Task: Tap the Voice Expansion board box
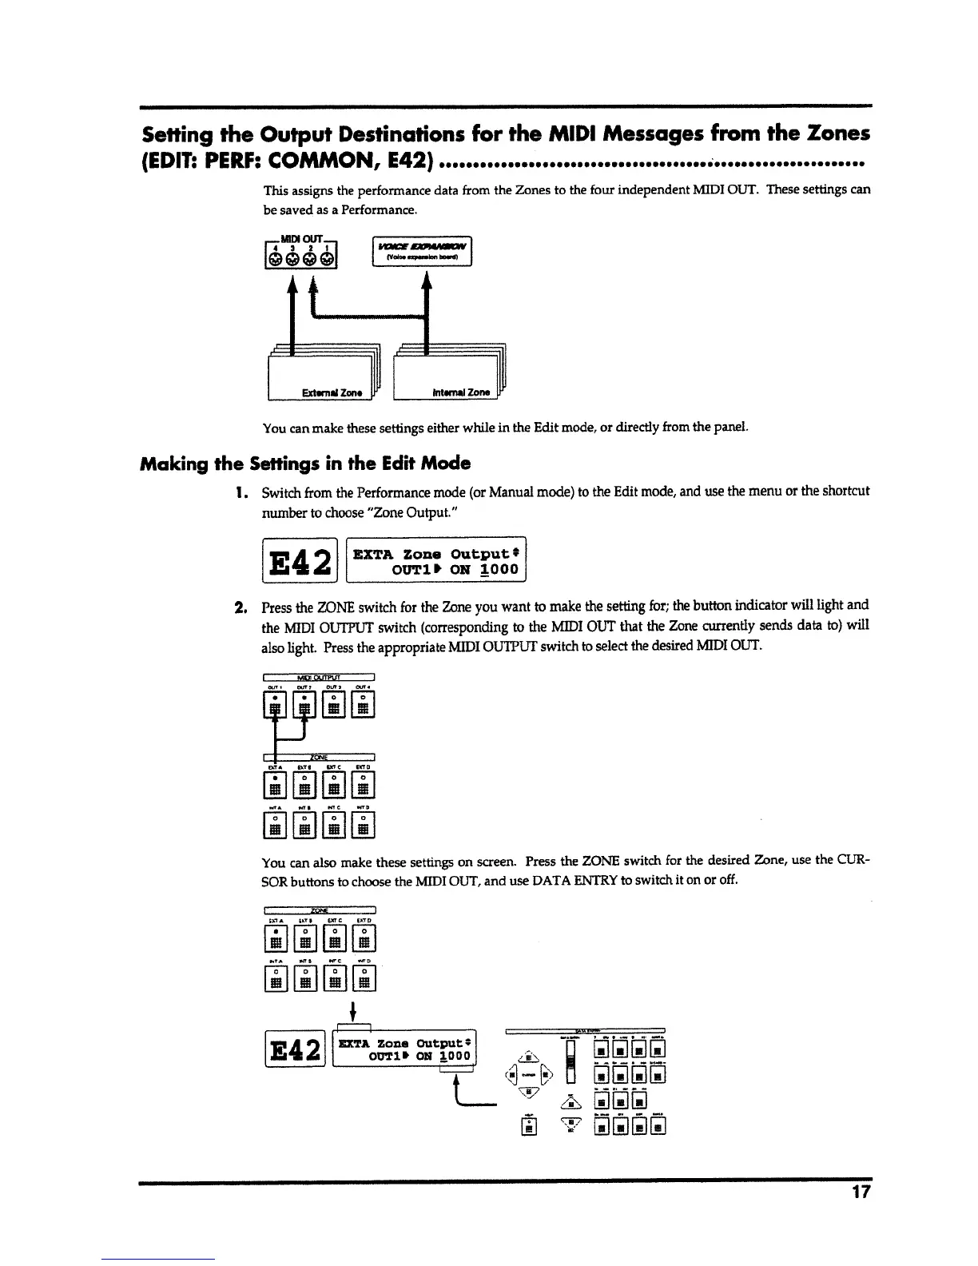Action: [423, 250]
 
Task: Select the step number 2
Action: [240, 606]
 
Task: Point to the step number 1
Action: [240, 491]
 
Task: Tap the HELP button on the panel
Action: [527, 1127]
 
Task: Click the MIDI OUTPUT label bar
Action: [319, 678]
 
